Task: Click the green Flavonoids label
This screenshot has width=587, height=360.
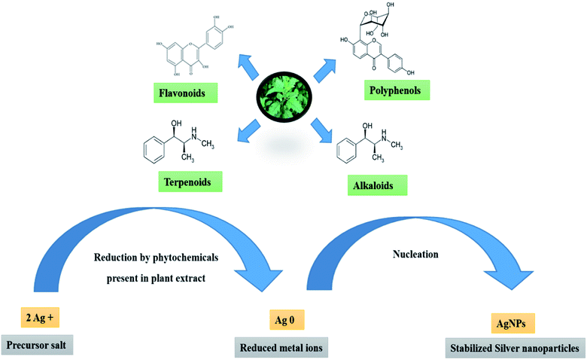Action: pos(183,94)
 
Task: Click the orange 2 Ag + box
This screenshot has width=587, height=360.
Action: pos(39,319)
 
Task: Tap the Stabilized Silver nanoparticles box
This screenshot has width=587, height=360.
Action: pos(513,348)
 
